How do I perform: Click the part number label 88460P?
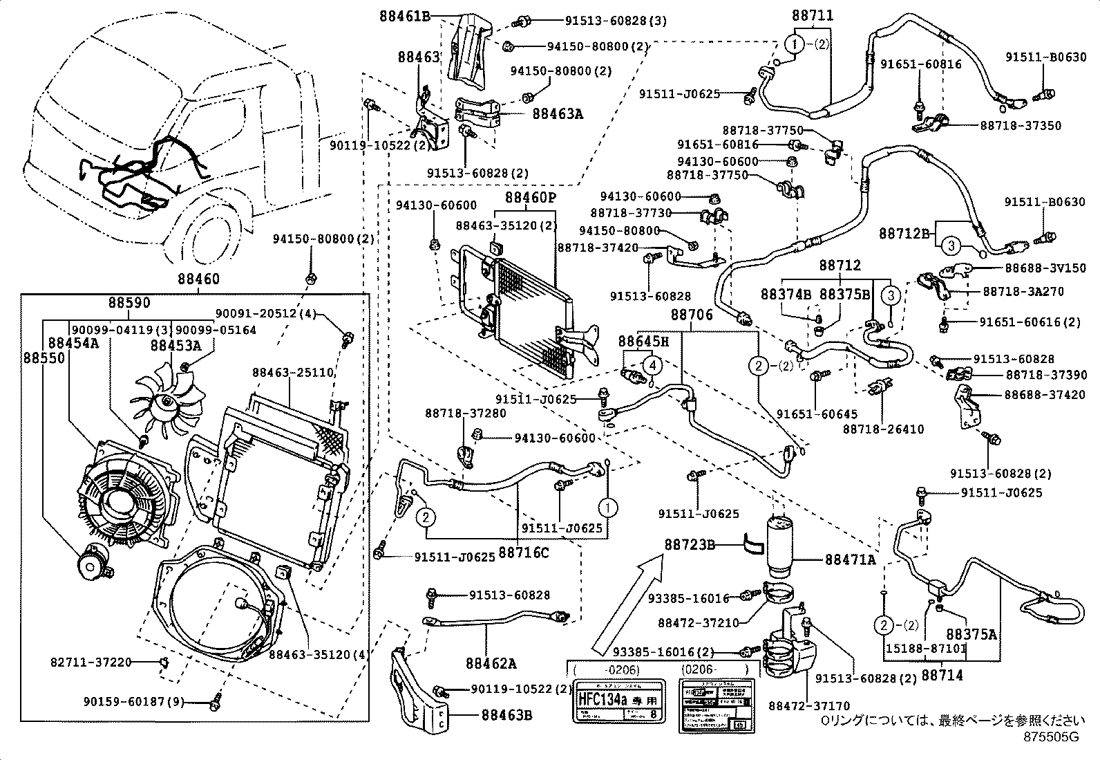coord(530,198)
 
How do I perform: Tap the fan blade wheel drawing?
coord(169,401)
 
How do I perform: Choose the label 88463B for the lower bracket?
coord(506,715)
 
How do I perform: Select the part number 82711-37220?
coord(91,662)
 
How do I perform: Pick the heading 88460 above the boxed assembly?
coord(198,279)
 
